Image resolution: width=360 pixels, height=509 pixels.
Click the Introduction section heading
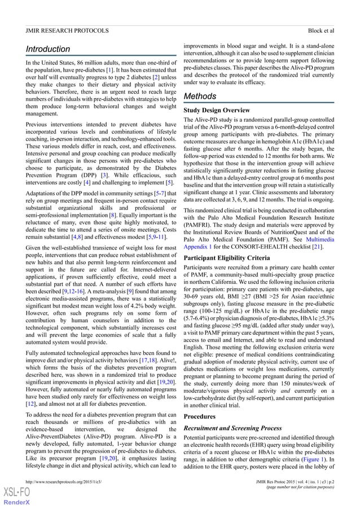(47, 49)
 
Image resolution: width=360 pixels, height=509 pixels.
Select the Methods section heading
(200, 96)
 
